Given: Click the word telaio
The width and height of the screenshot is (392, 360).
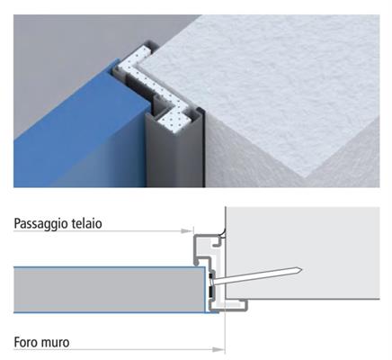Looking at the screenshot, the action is pos(87,223).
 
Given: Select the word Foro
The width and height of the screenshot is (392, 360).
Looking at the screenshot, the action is pos(26,342).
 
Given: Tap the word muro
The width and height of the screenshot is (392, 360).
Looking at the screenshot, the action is pos(56,343).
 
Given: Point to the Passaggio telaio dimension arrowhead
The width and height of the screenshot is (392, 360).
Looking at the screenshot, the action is pos(187,230).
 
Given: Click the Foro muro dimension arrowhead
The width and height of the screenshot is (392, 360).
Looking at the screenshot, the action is pos(218,349).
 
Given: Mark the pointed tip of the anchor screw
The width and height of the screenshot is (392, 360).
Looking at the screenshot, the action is pos(301,270).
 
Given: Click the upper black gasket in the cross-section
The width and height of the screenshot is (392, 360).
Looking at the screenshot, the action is pos(211,275).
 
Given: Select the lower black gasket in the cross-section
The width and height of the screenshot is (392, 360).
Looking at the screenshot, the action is pos(211,291).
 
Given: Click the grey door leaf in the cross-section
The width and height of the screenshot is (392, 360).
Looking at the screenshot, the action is pos(110,290).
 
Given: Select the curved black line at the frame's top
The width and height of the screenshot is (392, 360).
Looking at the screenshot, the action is pos(223,231).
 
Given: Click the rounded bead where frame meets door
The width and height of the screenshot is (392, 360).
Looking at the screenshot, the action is pos(197,264).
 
